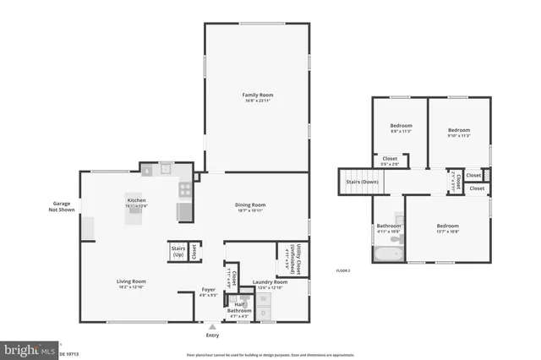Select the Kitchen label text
click(137, 200)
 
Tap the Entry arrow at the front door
click(212, 327)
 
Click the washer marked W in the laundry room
click(263, 298)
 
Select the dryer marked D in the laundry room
click(263, 314)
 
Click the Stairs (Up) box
click(178, 251)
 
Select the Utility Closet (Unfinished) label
click(288, 257)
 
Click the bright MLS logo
click(30, 347)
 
